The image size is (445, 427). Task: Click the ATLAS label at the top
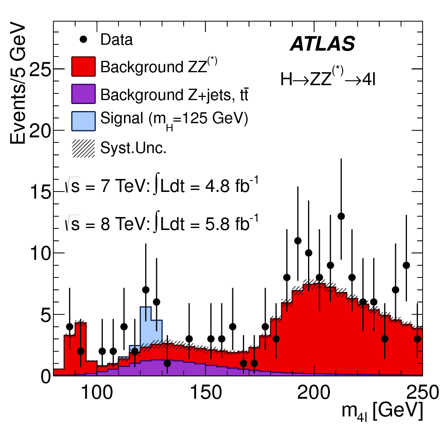323,44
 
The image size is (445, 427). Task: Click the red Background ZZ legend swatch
84,67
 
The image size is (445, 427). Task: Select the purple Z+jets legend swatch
84,94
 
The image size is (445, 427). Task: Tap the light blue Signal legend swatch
84,121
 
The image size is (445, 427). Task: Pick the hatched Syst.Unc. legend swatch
84,149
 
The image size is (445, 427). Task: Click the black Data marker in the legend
83,40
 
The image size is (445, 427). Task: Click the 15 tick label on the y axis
41,192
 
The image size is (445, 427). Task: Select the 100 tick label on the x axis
97,392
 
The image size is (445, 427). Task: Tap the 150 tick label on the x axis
205,392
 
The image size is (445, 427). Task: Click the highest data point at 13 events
341,216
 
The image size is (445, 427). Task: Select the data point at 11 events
298,241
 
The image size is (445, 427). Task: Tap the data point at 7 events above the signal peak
146,290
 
